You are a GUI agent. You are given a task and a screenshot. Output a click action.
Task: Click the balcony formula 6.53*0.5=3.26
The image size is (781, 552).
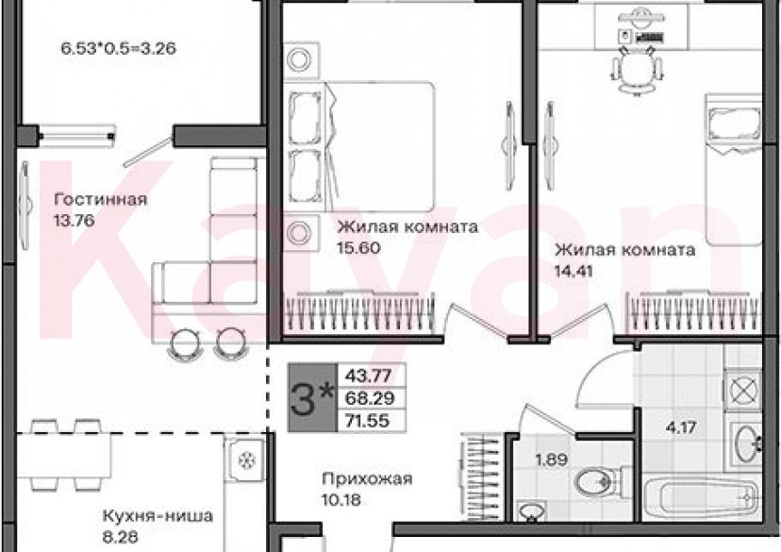tap(118, 49)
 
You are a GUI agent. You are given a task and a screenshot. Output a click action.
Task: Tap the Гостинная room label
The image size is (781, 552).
tap(101, 199)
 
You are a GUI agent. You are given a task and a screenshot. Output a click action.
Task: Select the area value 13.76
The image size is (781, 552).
tap(75, 220)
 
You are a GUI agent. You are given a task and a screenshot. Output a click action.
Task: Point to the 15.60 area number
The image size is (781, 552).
tap(358, 247)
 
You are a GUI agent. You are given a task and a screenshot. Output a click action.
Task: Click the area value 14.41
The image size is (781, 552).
tap(573, 271)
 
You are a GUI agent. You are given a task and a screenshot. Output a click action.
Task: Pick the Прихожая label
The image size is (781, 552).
tap(367, 479)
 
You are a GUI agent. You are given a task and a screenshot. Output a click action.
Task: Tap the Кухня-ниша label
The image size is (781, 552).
tap(158, 516)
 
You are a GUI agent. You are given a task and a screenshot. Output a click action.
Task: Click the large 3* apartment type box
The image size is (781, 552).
tap(312, 397)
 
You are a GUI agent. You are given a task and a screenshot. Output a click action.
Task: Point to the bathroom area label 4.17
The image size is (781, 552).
tap(681, 427)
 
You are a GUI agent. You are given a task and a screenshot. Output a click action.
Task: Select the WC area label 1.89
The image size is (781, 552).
tap(551, 460)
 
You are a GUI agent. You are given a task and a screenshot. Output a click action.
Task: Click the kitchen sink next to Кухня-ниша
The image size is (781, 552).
tap(244, 460)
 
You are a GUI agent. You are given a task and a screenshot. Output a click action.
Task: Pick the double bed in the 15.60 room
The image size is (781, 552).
tap(378, 147)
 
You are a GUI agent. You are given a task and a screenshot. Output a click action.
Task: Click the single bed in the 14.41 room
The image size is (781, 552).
tap(733, 170)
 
